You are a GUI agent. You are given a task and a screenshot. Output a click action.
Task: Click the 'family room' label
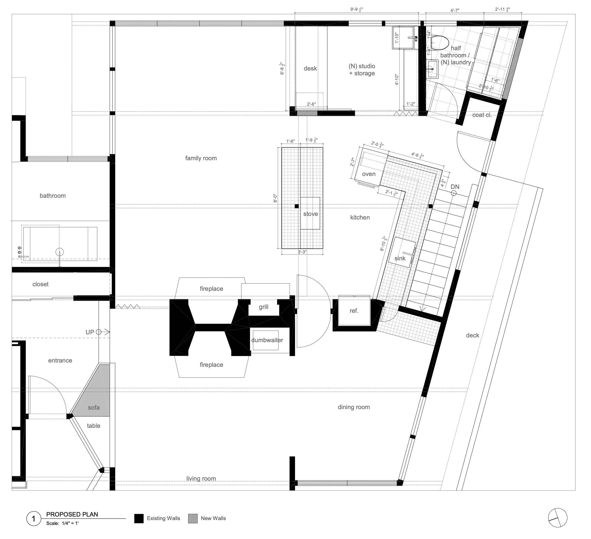201,158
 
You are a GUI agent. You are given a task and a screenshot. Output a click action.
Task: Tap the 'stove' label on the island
310,214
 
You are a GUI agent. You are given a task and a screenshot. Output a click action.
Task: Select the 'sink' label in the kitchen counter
400,258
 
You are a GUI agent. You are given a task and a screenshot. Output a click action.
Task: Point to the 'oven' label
369,174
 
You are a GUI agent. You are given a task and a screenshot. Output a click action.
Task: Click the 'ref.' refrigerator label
354,311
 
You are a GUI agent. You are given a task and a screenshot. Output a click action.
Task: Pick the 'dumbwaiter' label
267,340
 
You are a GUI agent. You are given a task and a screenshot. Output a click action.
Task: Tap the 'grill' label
264,307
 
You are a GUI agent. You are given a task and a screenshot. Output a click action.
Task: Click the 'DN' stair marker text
455,187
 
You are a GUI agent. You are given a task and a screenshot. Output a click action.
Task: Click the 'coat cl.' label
482,115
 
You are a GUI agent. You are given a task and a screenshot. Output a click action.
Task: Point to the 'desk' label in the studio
310,68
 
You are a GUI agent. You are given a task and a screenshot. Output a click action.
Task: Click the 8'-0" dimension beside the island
275,198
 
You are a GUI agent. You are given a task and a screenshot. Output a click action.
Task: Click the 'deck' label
472,335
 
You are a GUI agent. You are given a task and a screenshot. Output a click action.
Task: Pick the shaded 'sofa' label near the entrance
94,407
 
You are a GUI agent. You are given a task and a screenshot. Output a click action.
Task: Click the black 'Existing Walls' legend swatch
139,518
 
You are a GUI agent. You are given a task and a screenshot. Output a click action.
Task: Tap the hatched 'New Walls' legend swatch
193,518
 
